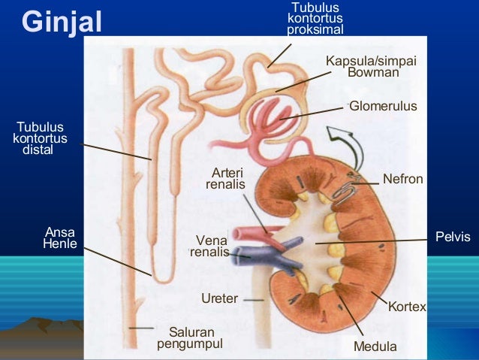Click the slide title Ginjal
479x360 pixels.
pyautogui.click(x=62, y=22)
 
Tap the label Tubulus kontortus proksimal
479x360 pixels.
pyautogui.click(x=315, y=19)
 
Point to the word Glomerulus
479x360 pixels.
pyautogui.click(x=382, y=107)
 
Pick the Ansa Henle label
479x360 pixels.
pyautogui.click(x=61, y=237)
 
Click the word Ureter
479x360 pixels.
pyautogui.click(x=219, y=298)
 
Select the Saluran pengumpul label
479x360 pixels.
pyautogui.click(x=191, y=337)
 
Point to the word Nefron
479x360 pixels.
pyautogui.click(x=403, y=179)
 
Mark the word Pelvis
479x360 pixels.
pyautogui.click(x=453, y=237)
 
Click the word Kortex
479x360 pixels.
pyautogui.click(x=407, y=307)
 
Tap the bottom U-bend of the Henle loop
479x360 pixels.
pyautogui.click(x=160, y=277)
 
